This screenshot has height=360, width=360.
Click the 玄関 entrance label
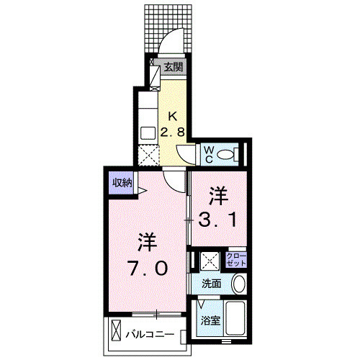coord(173,68)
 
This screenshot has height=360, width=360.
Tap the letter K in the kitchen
coord(173,116)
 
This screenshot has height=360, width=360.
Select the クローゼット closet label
coord(235,260)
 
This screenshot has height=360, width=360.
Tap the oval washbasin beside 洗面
coord(239,284)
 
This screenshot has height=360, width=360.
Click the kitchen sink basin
coord(148,132)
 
